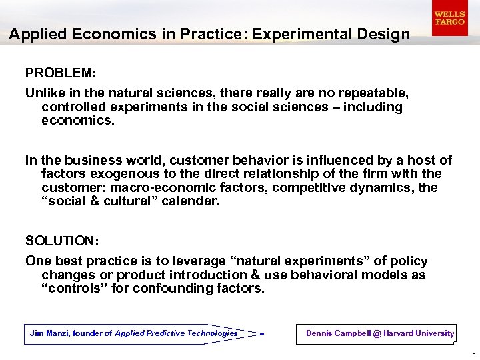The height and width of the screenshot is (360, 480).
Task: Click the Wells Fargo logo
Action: coord(449,18)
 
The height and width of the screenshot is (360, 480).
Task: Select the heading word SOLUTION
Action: coord(59,240)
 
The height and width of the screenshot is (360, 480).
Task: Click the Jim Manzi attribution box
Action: coord(133,333)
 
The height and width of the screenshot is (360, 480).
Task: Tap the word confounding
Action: coord(174,289)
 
